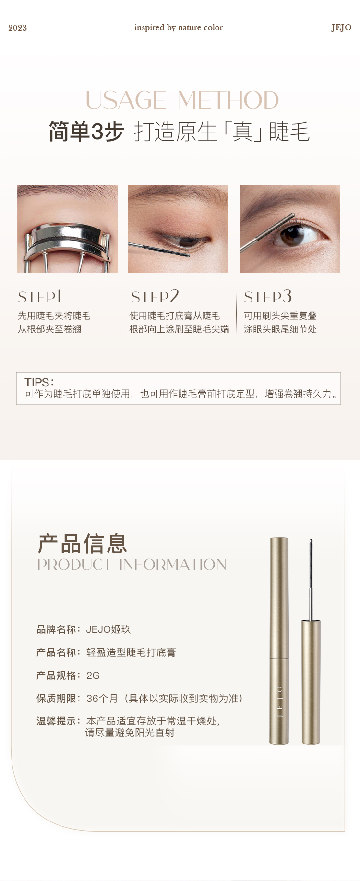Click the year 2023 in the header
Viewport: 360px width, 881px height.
(17, 28)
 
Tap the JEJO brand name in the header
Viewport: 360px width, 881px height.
(341, 28)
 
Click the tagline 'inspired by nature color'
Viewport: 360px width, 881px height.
(179, 28)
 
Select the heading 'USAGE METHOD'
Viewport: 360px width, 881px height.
(182, 100)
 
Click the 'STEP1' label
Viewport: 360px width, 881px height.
(40, 297)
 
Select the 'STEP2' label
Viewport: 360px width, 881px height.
(155, 297)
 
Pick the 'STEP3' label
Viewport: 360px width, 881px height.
(268, 297)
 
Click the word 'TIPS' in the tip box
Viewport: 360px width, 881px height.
(36, 383)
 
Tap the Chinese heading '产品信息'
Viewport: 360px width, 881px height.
(83, 544)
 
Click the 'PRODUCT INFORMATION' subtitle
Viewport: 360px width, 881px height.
(132, 565)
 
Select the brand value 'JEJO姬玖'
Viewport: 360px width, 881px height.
(108, 629)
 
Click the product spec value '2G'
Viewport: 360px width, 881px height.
(93, 676)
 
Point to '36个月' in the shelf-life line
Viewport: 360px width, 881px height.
(102, 699)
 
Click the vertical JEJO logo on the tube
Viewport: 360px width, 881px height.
(279, 701)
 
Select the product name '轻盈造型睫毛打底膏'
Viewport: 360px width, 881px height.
(131, 652)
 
